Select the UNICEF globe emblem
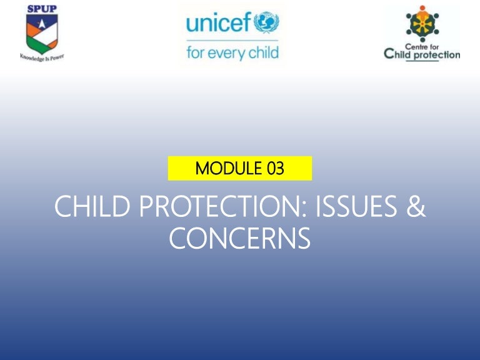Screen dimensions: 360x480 point(267,22)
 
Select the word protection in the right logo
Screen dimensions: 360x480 point(438,55)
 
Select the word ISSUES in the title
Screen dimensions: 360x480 point(345,207)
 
